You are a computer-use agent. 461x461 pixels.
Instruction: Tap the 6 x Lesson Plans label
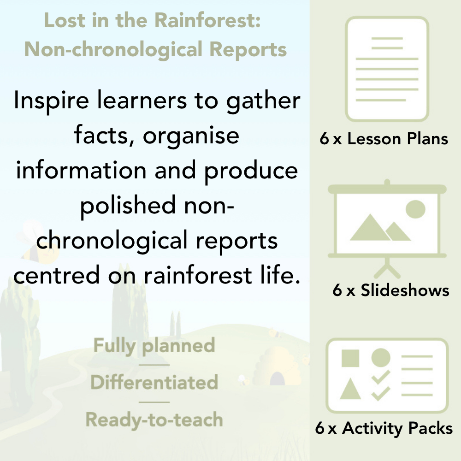click(384, 139)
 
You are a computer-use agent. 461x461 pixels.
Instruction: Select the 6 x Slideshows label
click(390, 290)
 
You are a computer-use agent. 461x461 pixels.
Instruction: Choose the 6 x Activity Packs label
click(384, 428)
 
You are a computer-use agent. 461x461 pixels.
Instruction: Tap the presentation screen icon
click(387, 224)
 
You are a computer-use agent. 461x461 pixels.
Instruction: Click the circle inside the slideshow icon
click(415, 209)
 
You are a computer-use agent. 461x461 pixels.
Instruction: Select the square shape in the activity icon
click(350, 358)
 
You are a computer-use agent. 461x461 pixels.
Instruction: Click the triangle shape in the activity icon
click(350, 388)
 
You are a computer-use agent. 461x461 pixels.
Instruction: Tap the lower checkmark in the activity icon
click(381, 393)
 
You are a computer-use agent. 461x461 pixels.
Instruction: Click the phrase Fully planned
click(154, 346)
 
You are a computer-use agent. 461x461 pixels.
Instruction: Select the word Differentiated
click(154, 383)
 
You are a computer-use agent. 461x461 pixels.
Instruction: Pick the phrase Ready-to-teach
click(154, 420)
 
